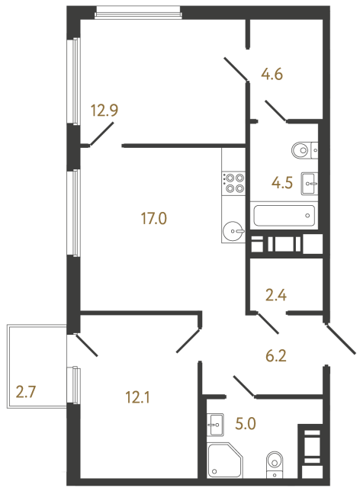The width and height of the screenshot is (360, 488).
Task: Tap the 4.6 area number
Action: point(272,75)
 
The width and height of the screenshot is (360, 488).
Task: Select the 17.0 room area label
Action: point(153,220)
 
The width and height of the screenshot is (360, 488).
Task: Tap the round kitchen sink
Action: point(233,229)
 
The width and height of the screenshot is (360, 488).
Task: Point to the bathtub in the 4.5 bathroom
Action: point(283,216)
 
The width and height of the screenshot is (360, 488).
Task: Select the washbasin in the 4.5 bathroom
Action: point(310,181)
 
